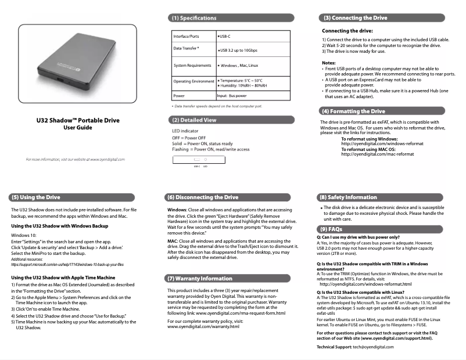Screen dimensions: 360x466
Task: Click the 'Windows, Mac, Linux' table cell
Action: coord(237,66)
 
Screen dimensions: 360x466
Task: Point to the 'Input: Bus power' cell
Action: coord(231,95)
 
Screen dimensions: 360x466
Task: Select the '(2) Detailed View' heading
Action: coord(194,120)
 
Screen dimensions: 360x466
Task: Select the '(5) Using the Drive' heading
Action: coord(36,197)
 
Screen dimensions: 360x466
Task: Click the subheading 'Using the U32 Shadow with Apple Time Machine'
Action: coord(63,278)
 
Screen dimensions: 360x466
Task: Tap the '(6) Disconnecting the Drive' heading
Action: coord(202,197)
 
